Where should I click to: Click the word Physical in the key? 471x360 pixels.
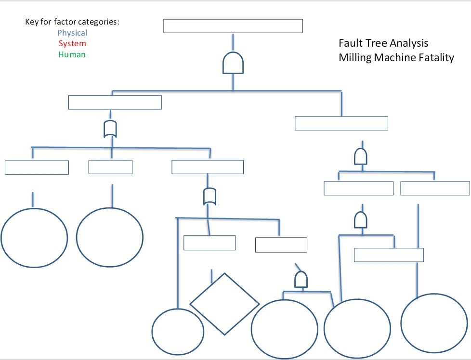pyautogui.click(x=72, y=33)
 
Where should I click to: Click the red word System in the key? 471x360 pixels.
pyautogui.click(x=72, y=44)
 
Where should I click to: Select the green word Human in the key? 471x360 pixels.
pyautogui.click(x=72, y=54)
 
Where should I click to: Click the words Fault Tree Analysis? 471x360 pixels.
pyautogui.click(x=383, y=43)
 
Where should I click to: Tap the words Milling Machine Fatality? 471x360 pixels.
pyautogui.click(x=396, y=58)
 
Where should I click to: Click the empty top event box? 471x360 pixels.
pyautogui.click(x=233, y=26)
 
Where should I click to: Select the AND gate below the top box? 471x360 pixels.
pyautogui.click(x=233, y=63)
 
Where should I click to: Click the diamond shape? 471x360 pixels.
pyautogui.click(x=224, y=304)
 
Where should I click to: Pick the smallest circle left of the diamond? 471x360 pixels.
pyautogui.click(x=178, y=331)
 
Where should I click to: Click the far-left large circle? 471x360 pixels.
pyautogui.click(x=34, y=237)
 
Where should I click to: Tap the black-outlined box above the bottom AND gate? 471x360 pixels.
pyautogui.click(x=281, y=245)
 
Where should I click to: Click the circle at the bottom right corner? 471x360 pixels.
pyautogui.click(x=434, y=321)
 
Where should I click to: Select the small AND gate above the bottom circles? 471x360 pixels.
pyautogui.click(x=301, y=281)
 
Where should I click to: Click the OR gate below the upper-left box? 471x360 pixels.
pyautogui.click(x=111, y=129)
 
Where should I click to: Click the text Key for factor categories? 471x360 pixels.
pyautogui.click(x=72, y=23)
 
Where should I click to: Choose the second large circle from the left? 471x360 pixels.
pyautogui.click(x=110, y=237)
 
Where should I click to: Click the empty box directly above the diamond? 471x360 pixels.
pyautogui.click(x=209, y=243)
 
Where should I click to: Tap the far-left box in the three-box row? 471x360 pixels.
pyautogui.click(x=37, y=167)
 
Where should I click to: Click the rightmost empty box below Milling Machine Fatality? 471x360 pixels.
pyautogui.click(x=435, y=188)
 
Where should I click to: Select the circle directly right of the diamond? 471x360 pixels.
pyautogui.click(x=285, y=329)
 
